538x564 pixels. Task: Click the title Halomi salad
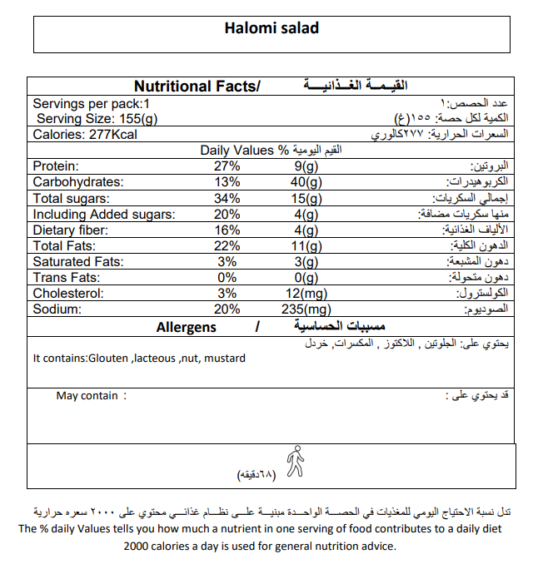click(271, 28)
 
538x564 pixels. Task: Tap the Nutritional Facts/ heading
click(197, 87)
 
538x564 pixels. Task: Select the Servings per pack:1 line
click(91, 104)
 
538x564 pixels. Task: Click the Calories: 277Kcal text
click(84, 135)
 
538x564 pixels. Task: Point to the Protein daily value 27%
click(227, 166)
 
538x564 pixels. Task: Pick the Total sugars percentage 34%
click(227, 198)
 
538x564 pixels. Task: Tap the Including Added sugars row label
click(104, 214)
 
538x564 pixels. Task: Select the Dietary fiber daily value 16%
click(227, 230)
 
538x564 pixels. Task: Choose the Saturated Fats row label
click(78, 261)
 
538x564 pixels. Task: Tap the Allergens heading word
click(186, 327)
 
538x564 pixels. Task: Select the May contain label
click(87, 396)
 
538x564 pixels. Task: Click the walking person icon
click(294, 461)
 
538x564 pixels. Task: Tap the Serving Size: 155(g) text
click(97, 119)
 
